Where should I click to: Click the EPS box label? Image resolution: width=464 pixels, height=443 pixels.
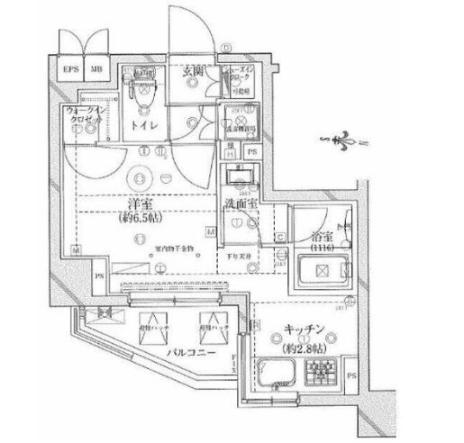(x=68, y=68)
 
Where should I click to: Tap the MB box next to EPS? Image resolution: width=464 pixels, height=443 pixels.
(x=95, y=68)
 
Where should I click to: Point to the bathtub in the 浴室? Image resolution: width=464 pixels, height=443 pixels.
(x=323, y=269)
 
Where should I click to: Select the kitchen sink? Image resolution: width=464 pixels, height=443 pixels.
(x=278, y=370)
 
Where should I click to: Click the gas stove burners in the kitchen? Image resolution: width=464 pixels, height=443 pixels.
(x=322, y=371)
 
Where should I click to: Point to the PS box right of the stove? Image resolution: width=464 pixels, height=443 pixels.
(x=350, y=373)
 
